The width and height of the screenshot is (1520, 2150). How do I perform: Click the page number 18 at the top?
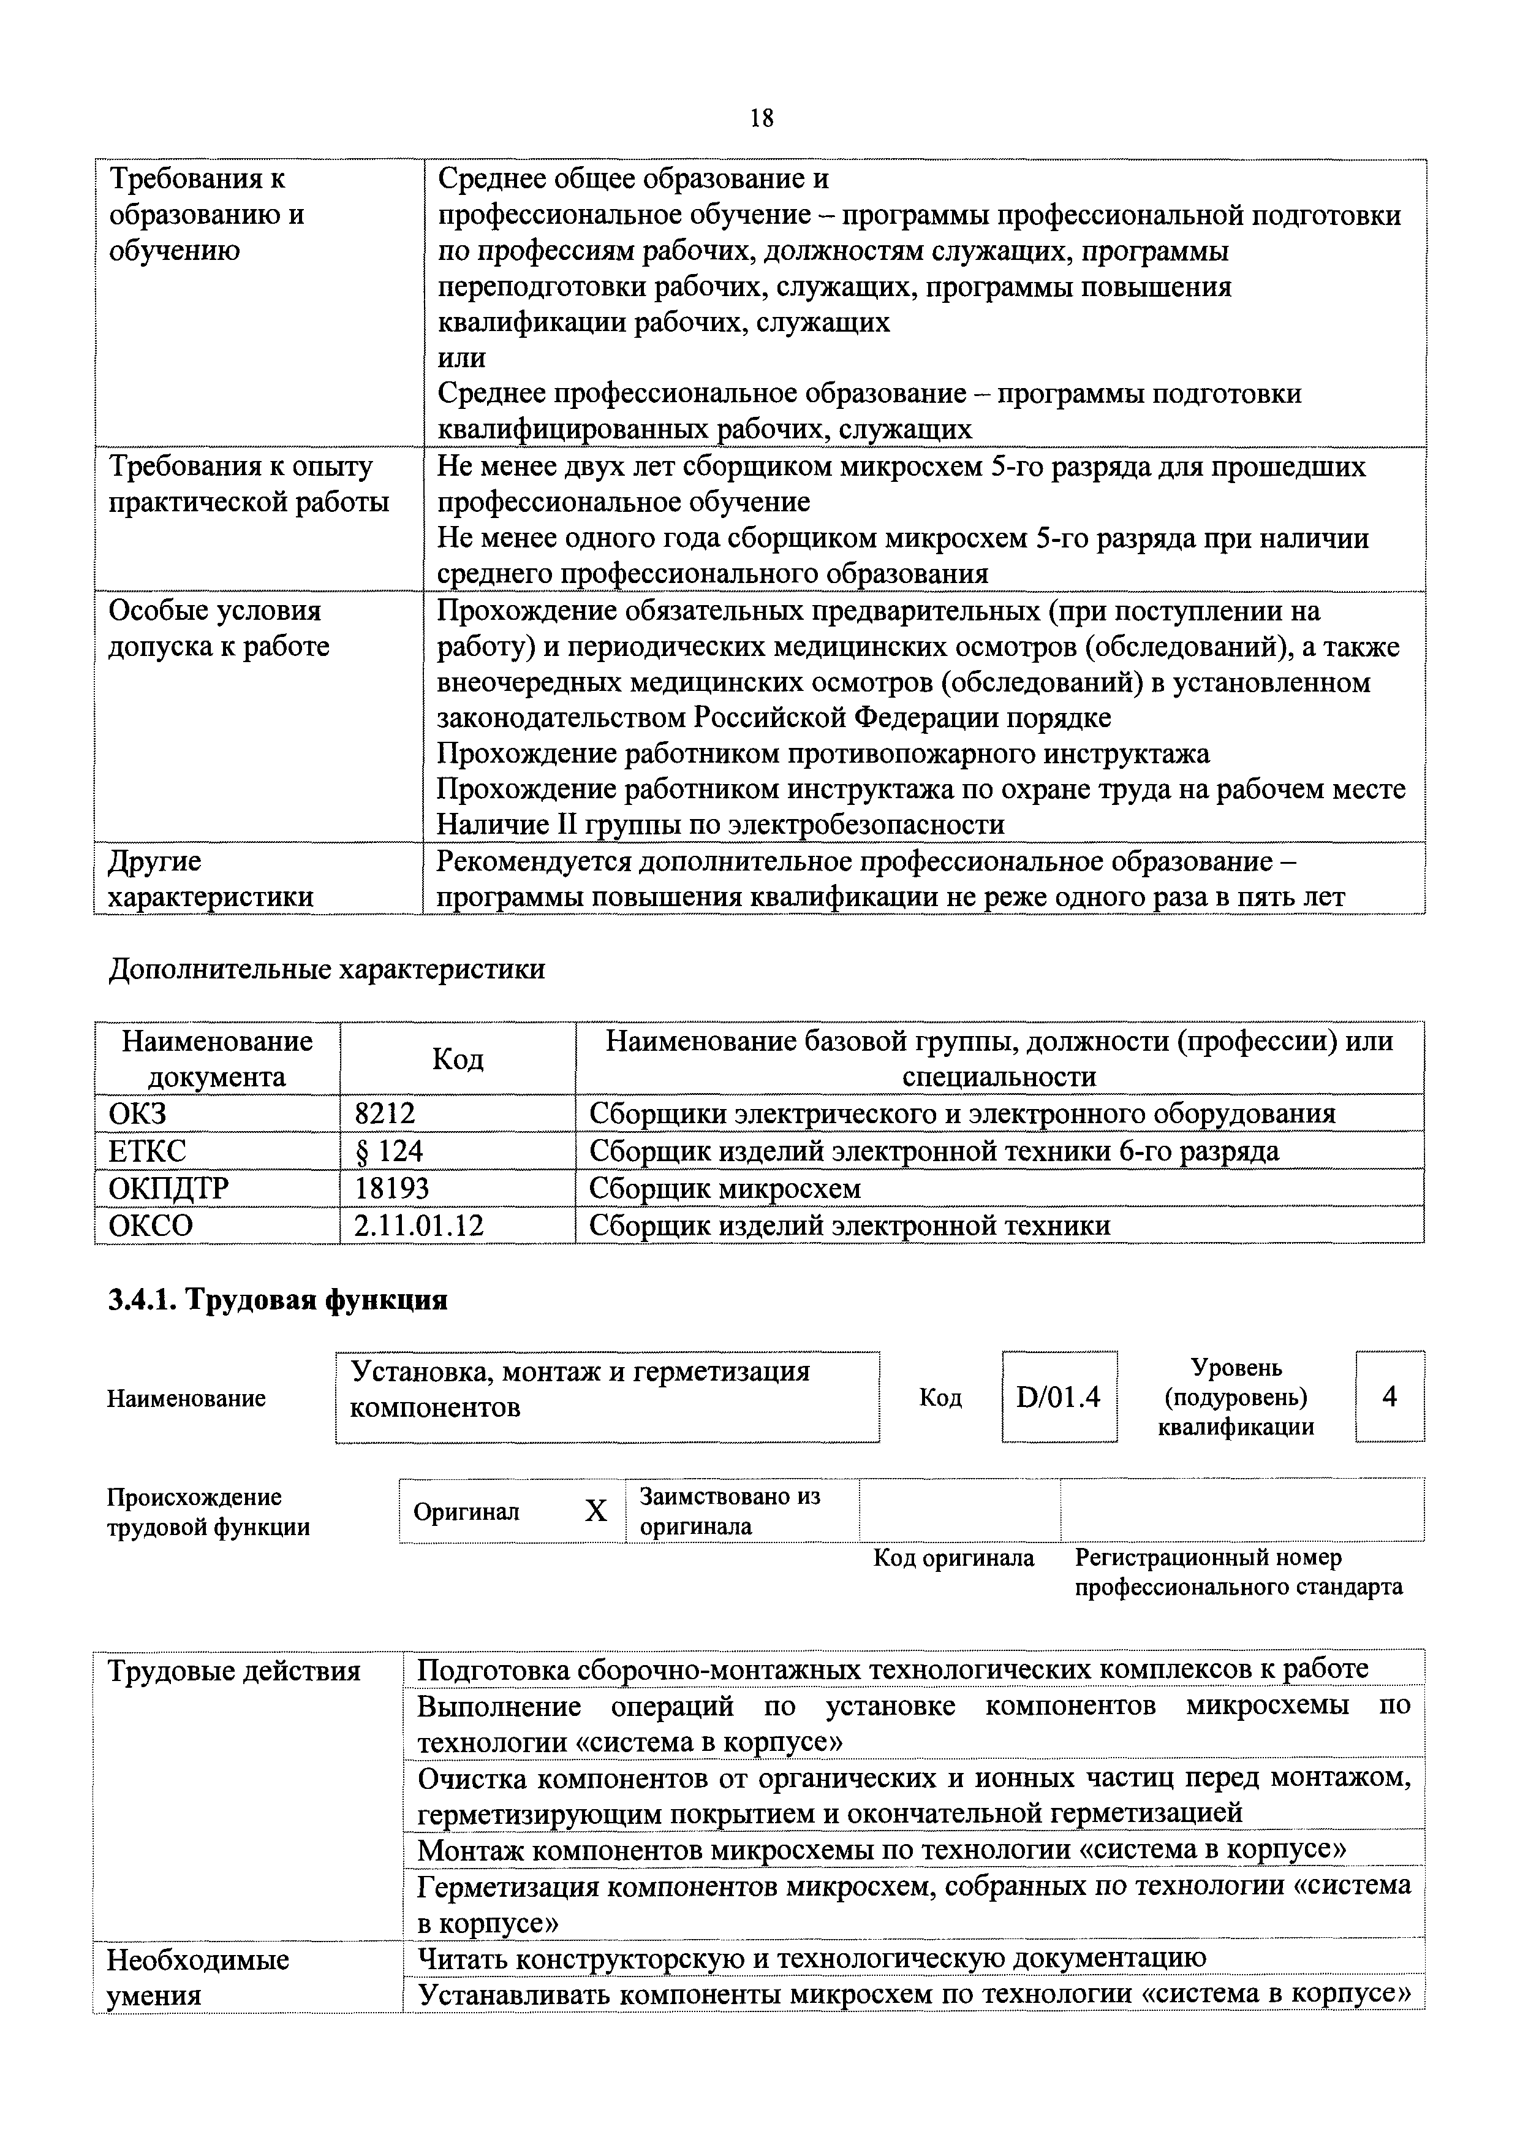(x=761, y=118)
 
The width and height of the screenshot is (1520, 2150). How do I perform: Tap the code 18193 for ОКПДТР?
(x=391, y=1188)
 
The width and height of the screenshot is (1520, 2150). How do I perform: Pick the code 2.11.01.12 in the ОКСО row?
(x=418, y=1226)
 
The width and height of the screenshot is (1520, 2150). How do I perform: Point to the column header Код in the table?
(x=458, y=1059)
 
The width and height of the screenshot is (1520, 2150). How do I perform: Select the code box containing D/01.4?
(x=1059, y=1397)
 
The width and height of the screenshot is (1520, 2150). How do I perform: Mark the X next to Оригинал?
(x=596, y=1511)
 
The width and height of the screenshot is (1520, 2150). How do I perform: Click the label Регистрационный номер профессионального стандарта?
(x=1238, y=1572)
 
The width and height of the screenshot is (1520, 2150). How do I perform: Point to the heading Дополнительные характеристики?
(x=327, y=969)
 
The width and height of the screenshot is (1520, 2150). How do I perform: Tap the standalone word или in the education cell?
(x=461, y=357)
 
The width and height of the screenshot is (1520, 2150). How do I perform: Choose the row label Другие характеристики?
(x=211, y=879)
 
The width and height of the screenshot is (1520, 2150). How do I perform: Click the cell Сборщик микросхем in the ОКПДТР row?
(x=724, y=1188)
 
